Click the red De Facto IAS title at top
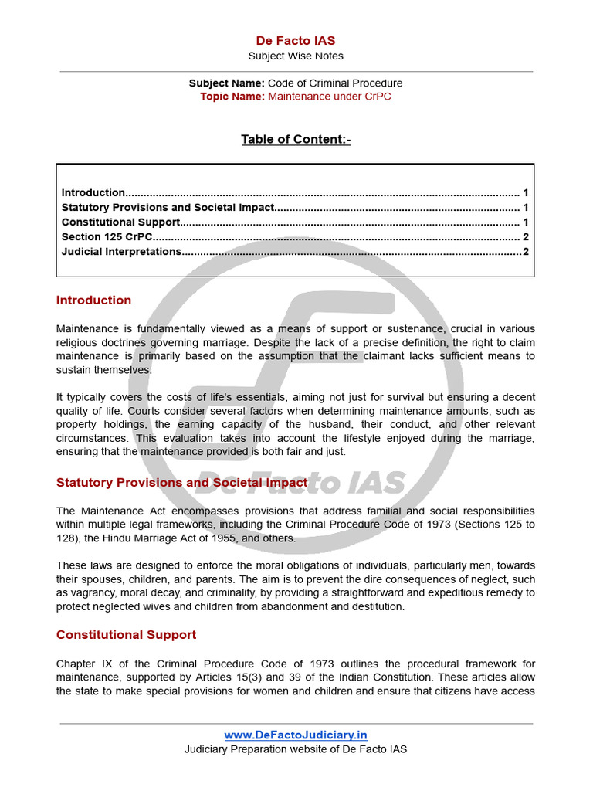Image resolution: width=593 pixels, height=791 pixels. [296, 40]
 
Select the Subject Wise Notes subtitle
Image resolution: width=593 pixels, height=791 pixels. [296, 56]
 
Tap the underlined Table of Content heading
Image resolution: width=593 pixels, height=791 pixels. [296, 139]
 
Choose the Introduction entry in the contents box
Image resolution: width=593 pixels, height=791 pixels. [93, 192]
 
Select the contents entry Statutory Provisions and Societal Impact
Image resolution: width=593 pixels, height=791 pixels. [168, 207]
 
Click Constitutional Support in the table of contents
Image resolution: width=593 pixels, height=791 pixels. [120, 222]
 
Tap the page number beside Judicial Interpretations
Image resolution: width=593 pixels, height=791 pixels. [525, 251]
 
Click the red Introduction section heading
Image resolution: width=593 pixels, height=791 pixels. [93, 300]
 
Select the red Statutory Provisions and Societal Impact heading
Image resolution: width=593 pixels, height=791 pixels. [181, 482]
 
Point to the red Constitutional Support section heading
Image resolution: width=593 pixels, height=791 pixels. [126, 634]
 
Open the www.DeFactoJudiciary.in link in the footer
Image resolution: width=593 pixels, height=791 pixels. [296, 735]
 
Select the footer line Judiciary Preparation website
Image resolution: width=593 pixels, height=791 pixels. [296, 749]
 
